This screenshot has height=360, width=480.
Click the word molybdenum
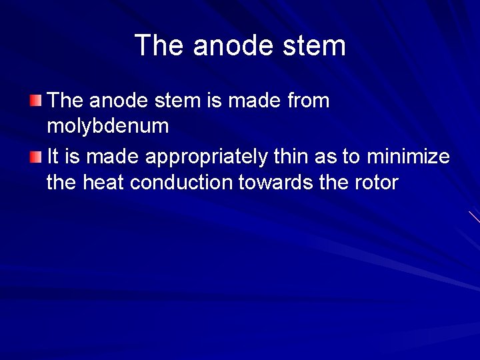pos(107,126)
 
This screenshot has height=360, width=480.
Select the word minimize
pos(405,157)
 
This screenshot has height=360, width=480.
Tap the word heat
pos(104,182)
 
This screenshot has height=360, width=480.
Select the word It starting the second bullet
pos(53,157)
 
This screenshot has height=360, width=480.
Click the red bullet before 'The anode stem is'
pos(35,101)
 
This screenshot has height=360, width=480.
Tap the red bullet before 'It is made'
pos(35,158)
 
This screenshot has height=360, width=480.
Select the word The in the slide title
pos(159,46)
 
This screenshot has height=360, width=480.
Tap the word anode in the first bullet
pos(117,101)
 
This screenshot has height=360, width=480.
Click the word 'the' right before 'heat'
pos(62,182)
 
